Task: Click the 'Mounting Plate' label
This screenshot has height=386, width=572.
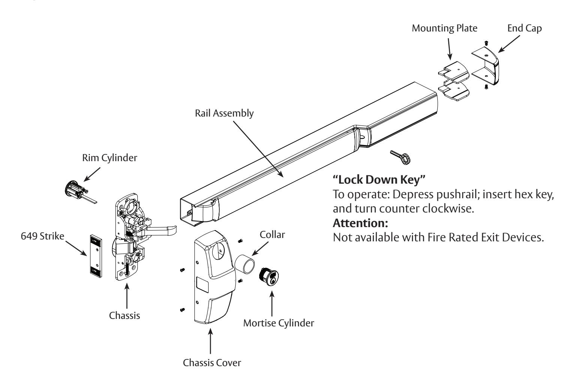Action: tap(444, 28)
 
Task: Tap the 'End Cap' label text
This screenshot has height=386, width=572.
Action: tap(524, 28)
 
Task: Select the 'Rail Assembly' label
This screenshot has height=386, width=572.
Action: tap(224, 113)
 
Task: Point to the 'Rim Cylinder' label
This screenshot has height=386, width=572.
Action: tap(110, 158)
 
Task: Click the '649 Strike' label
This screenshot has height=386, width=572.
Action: tap(42, 236)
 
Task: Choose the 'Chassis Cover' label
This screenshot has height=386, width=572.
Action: tap(212, 362)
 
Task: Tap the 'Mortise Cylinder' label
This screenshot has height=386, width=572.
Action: tap(279, 323)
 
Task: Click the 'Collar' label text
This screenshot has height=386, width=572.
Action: tap(272, 235)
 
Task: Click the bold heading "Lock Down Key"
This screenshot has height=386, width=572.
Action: tap(379, 180)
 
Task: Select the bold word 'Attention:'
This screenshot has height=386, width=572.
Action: tap(360, 223)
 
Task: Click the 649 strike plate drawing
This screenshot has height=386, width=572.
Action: tap(96, 256)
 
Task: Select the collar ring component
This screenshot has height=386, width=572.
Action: tap(245, 264)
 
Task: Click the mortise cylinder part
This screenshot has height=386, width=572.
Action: tap(269, 277)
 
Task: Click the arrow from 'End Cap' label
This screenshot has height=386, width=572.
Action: tap(509, 44)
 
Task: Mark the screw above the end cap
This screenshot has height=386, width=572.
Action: tap(486, 43)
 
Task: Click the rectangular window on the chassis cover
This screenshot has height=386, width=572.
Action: tap(203, 285)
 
